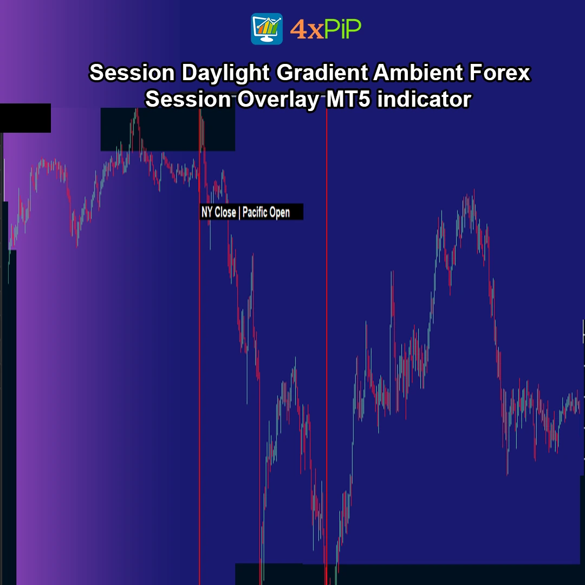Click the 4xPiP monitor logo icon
pos(266,29)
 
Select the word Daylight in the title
pos(226,73)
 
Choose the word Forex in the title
pos(499,72)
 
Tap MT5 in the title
pos(349,99)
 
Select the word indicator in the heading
pos(424,99)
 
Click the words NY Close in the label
pos(219,212)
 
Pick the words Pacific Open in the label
pos(266,212)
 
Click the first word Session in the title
pos(132,72)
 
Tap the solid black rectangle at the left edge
pos(25,118)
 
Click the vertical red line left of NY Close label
pos(199,347)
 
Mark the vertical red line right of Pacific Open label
pos(327,347)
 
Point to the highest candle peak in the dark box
pos(136,109)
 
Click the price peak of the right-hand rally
pos(474,191)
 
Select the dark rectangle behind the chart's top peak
pos(167,129)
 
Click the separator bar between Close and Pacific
pos(239,213)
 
